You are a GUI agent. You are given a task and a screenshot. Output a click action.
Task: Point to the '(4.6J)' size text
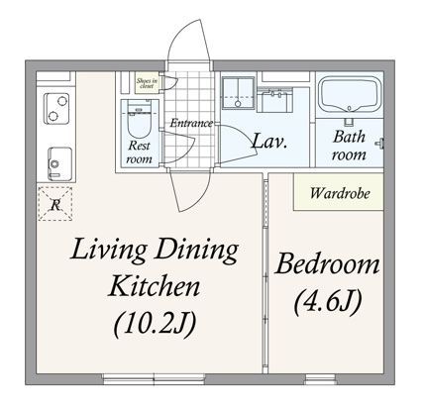coord(328,299)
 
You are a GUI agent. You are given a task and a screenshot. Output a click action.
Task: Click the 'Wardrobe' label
coord(339,192)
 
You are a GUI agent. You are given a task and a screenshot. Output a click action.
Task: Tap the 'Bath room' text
coord(350,145)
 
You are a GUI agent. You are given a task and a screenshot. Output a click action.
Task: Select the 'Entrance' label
coord(190,123)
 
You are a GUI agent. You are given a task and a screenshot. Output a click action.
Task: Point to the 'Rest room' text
coord(140,152)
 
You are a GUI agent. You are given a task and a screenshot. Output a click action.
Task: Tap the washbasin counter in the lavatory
coord(272,98)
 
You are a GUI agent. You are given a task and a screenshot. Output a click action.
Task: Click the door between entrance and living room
coord(189,170)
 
